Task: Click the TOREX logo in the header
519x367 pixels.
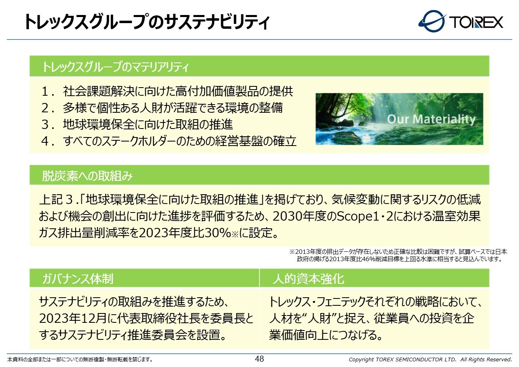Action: (x=461, y=21)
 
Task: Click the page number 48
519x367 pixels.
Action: (x=259, y=359)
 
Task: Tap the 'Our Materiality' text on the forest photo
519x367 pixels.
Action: (x=431, y=119)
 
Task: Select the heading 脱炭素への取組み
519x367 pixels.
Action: (x=87, y=176)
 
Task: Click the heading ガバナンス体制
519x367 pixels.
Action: (x=77, y=279)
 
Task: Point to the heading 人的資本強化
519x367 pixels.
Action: (x=309, y=279)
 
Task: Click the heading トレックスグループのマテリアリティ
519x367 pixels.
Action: (x=115, y=67)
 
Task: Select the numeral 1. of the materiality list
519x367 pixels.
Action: (x=48, y=91)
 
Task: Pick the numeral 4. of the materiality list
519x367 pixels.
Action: (x=48, y=141)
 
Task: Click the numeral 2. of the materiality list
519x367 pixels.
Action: (x=48, y=108)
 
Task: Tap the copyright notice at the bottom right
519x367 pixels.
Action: (x=430, y=359)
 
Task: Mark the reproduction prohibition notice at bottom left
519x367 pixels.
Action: (x=80, y=360)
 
